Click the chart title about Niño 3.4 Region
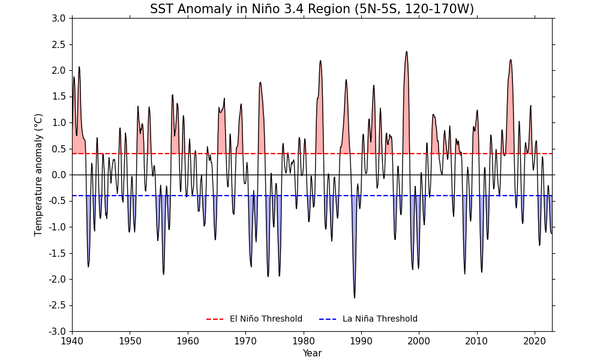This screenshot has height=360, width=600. pyautogui.click(x=312, y=9)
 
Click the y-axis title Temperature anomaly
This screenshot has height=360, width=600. pyautogui.click(x=39, y=175)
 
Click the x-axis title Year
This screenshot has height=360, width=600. pyautogui.click(x=312, y=353)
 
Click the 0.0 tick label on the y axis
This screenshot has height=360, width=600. pyautogui.click(x=58, y=175)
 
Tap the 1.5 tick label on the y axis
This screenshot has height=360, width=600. pyautogui.click(x=58, y=97)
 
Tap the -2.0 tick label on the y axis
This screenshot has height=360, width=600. pyautogui.click(x=57, y=279)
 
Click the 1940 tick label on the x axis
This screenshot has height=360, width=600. pyautogui.click(x=72, y=341)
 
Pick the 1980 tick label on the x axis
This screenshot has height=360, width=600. pyautogui.click(x=303, y=341)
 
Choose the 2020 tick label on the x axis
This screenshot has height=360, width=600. pyautogui.click(x=534, y=341)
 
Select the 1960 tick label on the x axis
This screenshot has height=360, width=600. pyautogui.click(x=188, y=341)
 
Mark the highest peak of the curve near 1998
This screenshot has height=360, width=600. pyautogui.click(x=406, y=52)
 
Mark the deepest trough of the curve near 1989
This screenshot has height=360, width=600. pyautogui.click(x=354, y=298)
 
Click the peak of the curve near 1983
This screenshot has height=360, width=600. pyautogui.click(x=320, y=61)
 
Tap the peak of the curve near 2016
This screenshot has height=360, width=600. pyautogui.click(x=511, y=60)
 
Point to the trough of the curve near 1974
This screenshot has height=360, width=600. pyautogui.click(x=268, y=276)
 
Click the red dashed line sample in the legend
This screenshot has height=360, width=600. pyautogui.click(x=215, y=319)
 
